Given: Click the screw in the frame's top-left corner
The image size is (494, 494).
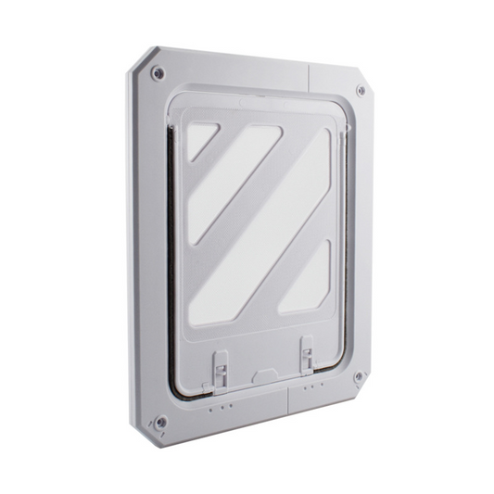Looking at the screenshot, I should coord(158,73).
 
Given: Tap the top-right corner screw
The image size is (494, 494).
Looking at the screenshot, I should coord(361,91).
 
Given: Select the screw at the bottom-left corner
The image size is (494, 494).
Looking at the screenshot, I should coord(160,422).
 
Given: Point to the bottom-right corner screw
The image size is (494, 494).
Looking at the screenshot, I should coord(359,376).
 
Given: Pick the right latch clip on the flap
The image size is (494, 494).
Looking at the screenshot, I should coord(306,354).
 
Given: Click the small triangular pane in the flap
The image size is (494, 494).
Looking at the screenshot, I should coord(199,140).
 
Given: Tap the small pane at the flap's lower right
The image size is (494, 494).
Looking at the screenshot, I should coord(305,278).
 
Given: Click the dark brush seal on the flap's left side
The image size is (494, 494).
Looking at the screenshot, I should coord(174,260).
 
